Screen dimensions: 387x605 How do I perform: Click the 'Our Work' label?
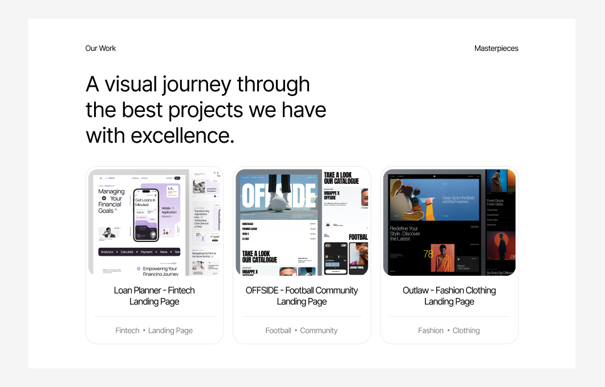[x=100, y=49]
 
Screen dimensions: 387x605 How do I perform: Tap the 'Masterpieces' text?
[x=496, y=49]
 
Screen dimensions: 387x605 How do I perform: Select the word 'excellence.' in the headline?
[x=182, y=136]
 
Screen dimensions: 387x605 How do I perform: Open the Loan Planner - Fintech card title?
[x=154, y=296]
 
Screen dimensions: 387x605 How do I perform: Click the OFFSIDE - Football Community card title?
[x=302, y=296]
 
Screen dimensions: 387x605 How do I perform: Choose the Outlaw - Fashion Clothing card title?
[x=449, y=296]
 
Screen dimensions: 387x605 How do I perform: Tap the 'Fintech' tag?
[x=127, y=330]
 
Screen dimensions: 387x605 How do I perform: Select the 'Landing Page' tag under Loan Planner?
[x=170, y=330]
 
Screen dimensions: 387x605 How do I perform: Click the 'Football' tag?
[x=278, y=330]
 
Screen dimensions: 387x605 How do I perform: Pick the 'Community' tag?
[x=319, y=330]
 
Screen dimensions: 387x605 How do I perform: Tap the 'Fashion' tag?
[x=431, y=330]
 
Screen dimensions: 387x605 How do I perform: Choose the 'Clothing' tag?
[x=466, y=330]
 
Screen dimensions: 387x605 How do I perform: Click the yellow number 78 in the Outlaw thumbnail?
[x=428, y=253]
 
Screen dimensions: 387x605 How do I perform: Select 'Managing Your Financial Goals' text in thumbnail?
[x=111, y=201]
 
